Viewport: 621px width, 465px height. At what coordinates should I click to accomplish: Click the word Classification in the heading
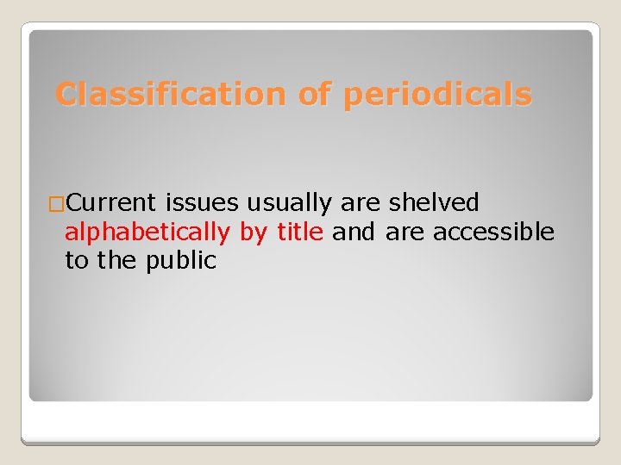[171, 94]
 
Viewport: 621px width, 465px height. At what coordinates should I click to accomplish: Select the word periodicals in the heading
[437, 94]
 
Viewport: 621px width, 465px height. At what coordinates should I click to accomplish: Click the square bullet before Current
[56, 204]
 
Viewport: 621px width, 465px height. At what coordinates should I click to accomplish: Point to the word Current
[111, 203]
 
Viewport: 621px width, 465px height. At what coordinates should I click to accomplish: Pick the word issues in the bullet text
[203, 203]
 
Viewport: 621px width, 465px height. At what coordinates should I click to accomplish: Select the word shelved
[434, 203]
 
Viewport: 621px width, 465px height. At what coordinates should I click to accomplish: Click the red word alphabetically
[147, 232]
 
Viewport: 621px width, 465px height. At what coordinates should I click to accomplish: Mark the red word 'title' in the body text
[300, 232]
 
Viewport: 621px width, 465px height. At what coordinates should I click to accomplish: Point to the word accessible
[493, 232]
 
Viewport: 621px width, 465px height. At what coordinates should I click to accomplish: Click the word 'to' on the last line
[77, 261]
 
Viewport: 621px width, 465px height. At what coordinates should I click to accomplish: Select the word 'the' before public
[118, 261]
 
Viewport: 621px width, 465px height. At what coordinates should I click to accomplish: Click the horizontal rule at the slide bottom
[310, 442]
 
